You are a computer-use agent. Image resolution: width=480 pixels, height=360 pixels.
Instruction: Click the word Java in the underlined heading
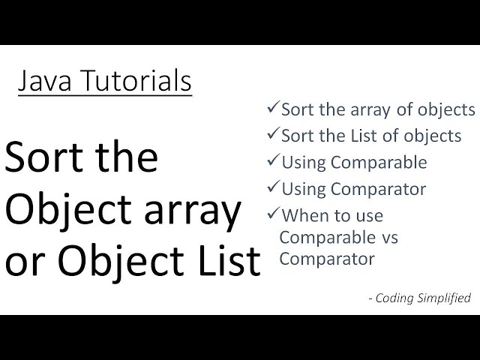click(x=43, y=81)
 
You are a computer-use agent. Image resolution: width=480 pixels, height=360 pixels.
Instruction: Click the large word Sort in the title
click(x=44, y=158)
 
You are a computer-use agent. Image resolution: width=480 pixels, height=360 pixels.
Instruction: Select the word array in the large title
click(x=194, y=211)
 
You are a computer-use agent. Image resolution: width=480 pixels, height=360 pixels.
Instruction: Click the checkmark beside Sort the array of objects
click(x=273, y=108)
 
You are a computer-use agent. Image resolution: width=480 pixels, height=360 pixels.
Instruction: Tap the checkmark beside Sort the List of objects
click(x=273, y=135)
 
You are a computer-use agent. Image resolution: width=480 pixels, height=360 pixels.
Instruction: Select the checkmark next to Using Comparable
click(x=273, y=161)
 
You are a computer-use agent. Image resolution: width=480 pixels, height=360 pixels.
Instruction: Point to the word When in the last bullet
click(x=303, y=216)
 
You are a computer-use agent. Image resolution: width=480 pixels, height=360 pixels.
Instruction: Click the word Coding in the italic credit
click(x=393, y=298)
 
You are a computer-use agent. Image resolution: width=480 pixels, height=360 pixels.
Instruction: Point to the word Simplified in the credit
click(x=442, y=298)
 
